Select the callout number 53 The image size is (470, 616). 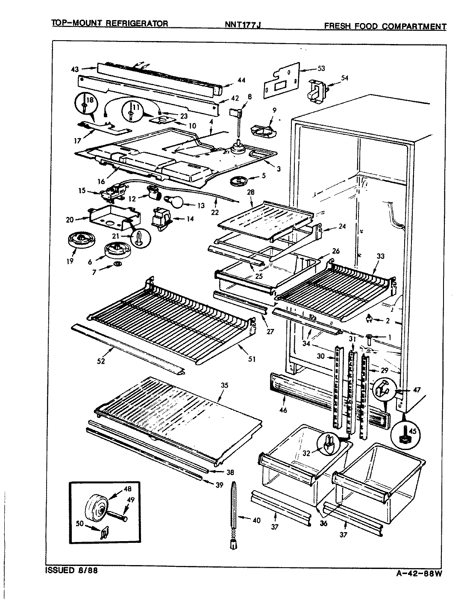coord(321,69)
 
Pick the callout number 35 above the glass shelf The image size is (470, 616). coord(224,385)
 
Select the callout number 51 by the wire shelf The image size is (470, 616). coord(252,359)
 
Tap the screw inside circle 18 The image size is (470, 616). coord(89,106)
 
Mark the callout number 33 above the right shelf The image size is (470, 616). coord(380,256)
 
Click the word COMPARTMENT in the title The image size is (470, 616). coord(414,27)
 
